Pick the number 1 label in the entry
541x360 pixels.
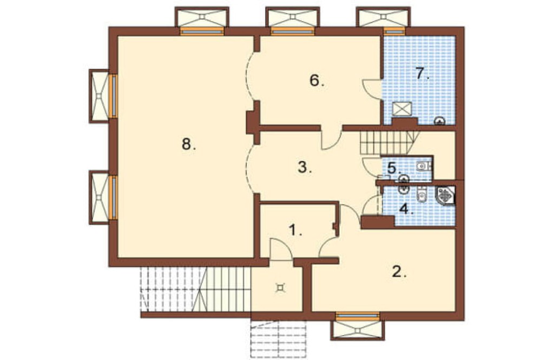(295, 230)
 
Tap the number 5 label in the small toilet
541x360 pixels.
(393, 168)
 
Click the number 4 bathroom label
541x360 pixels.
(406, 209)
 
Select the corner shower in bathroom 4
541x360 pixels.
(446, 196)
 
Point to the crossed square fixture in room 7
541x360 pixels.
(403, 109)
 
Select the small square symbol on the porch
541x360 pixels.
(280, 287)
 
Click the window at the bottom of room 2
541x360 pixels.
(358, 316)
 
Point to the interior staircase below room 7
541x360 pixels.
(389, 143)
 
